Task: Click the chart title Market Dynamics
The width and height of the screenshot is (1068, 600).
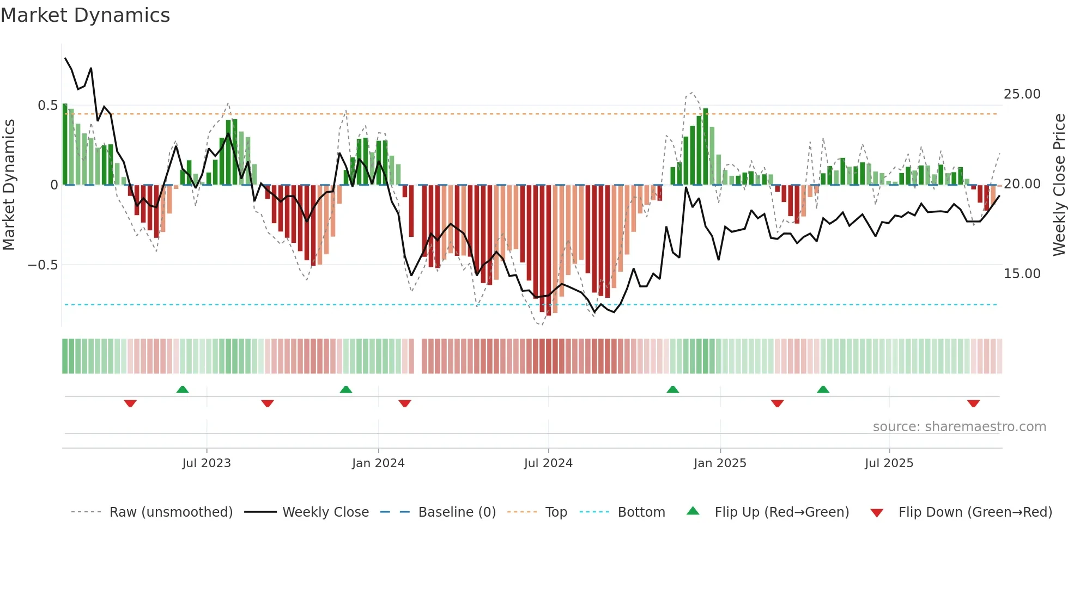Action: tap(85, 15)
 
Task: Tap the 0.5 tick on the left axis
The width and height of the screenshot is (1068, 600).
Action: tap(47, 106)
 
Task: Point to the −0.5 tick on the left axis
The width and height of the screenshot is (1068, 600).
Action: tap(43, 265)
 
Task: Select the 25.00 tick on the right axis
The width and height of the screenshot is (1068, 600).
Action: tap(1022, 94)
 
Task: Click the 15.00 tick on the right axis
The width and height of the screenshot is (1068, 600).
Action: tap(1022, 274)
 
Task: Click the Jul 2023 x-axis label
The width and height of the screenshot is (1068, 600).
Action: tap(207, 463)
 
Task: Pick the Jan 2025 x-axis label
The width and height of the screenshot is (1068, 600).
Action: tap(720, 463)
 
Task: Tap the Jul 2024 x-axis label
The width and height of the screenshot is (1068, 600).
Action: tap(548, 463)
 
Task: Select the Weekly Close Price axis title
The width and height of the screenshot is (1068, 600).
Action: tap(1059, 185)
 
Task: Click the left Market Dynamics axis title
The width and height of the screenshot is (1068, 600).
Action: tap(9, 185)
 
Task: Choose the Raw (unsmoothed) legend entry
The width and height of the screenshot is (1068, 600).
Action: tap(171, 512)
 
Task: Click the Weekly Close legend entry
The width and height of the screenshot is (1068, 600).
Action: tap(325, 512)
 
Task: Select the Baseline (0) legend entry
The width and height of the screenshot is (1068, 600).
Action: tap(457, 512)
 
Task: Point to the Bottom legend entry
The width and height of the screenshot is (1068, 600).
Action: tap(641, 512)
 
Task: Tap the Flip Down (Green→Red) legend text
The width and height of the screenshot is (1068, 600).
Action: tap(975, 512)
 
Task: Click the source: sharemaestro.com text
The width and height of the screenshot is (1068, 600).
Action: tap(959, 427)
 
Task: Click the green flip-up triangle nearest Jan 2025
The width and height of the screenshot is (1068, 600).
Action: tap(673, 389)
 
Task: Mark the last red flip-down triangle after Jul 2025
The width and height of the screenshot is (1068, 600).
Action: tap(974, 403)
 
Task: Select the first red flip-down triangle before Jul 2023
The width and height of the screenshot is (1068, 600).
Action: tap(130, 403)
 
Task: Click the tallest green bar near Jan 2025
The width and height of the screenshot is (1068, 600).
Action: tap(706, 147)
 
